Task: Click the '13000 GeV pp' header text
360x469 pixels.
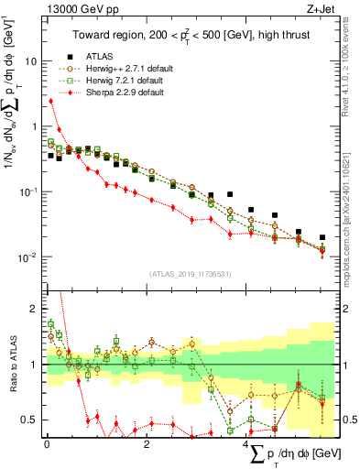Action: coord(80,8)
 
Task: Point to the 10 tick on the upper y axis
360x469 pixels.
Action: coord(32,61)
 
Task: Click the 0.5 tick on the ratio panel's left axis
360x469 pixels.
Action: coord(30,420)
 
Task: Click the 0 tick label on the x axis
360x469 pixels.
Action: coord(47,444)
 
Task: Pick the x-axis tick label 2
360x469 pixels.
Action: coord(147,444)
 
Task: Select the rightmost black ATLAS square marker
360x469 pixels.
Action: coord(322,237)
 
